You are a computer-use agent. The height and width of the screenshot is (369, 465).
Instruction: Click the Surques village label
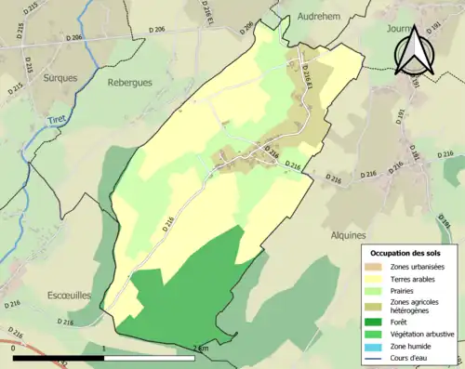(x=60, y=79)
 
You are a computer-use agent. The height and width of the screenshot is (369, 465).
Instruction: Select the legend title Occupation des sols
(x=408, y=252)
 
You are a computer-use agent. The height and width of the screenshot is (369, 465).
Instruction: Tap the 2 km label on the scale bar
(x=198, y=348)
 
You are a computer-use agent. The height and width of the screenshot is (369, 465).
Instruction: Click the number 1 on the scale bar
(x=104, y=348)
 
